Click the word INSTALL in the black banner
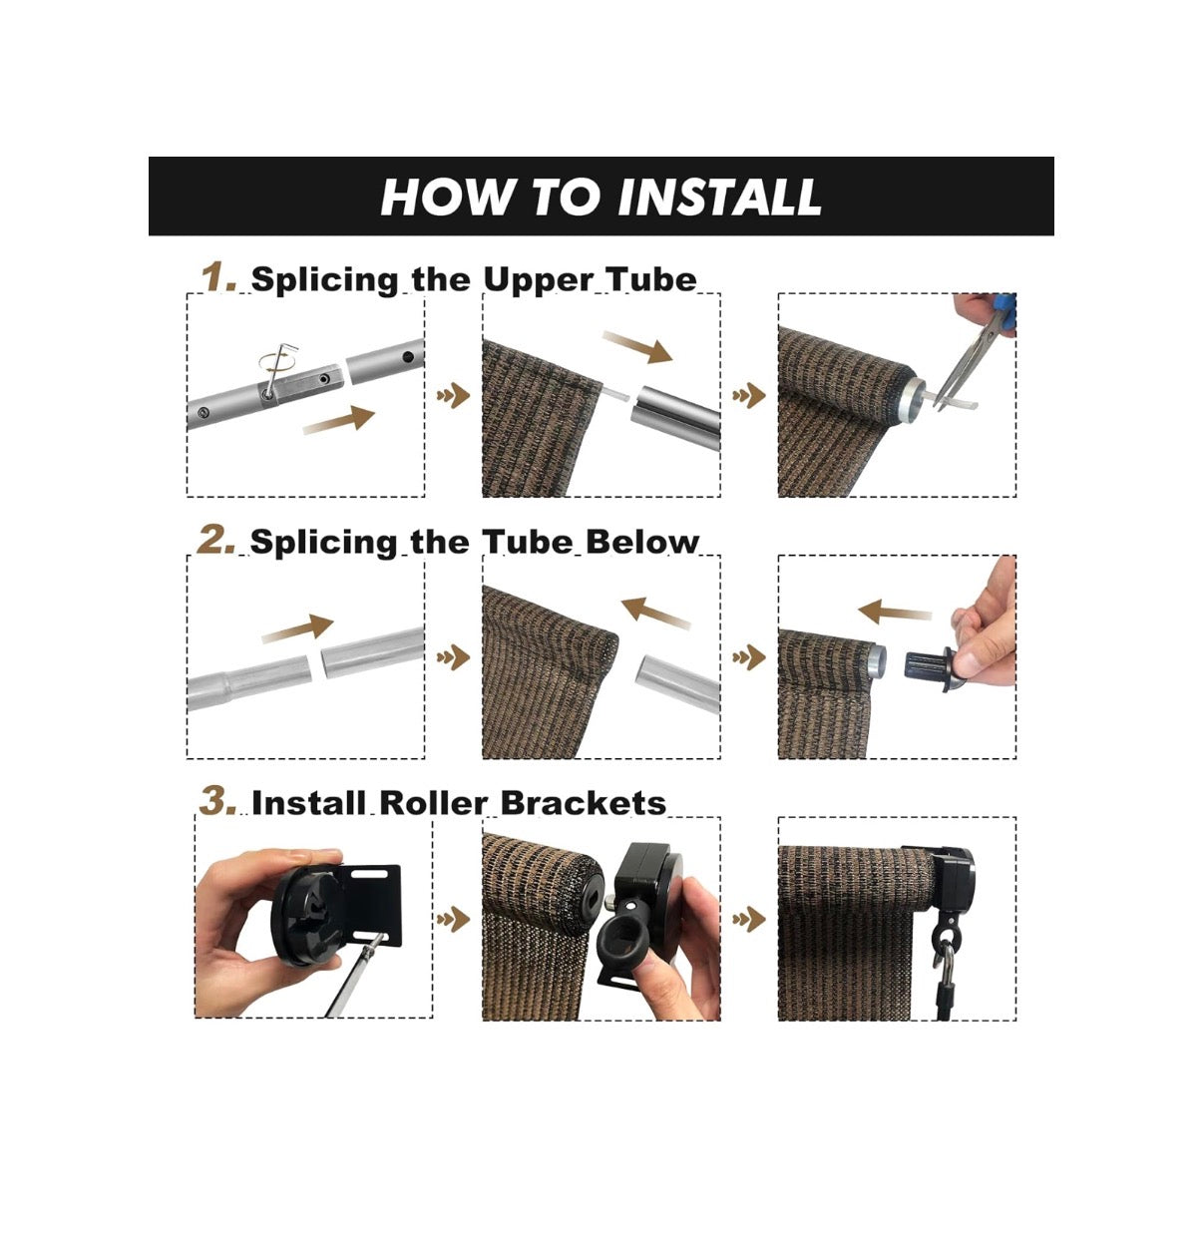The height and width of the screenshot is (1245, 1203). [719, 197]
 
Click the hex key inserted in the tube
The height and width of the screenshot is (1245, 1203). [276, 372]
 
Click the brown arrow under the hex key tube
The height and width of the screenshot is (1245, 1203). [338, 420]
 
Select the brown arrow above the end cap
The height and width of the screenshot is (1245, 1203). [895, 611]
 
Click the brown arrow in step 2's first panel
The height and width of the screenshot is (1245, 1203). [297, 627]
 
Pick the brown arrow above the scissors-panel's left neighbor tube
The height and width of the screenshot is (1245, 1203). [637, 347]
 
